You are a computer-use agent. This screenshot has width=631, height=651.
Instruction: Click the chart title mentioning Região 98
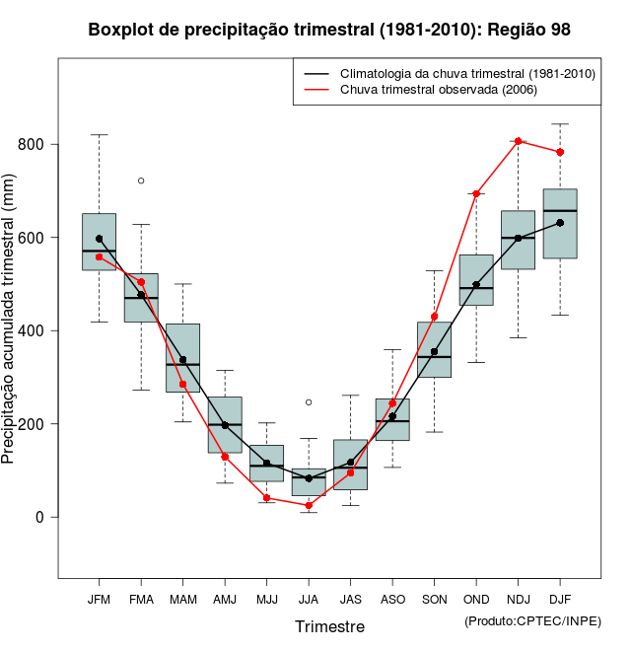tap(329, 30)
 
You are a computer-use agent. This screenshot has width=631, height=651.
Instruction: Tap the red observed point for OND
tap(476, 193)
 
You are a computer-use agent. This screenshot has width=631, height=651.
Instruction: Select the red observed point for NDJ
tap(519, 141)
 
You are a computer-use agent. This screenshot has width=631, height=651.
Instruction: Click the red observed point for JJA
tap(309, 505)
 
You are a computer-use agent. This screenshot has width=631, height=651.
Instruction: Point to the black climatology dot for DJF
tap(560, 223)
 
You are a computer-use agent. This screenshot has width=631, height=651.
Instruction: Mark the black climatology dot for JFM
tap(100, 239)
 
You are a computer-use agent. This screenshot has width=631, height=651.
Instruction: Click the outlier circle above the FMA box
tap(141, 181)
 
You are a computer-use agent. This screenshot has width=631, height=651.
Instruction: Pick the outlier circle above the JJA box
tap(309, 402)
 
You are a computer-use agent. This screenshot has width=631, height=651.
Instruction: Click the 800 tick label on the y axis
tap(35, 145)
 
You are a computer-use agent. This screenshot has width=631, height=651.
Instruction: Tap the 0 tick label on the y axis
tap(40, 517)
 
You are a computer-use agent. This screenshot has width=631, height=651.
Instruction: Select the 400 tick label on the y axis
tap(35, 331)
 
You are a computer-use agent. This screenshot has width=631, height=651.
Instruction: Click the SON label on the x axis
tap(435, 600)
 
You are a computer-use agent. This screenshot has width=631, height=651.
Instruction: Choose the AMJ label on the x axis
tap(225, 600)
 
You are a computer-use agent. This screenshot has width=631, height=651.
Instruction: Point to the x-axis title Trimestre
tap(329, 627)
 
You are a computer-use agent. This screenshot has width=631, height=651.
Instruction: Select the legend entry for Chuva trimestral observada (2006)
tap(435, 90)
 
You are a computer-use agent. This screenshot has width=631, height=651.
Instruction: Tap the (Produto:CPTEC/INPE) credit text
tap(532, 620)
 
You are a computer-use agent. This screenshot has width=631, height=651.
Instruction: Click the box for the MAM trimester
tap(183, 357)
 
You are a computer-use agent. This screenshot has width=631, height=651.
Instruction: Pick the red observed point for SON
tap(435, 317)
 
